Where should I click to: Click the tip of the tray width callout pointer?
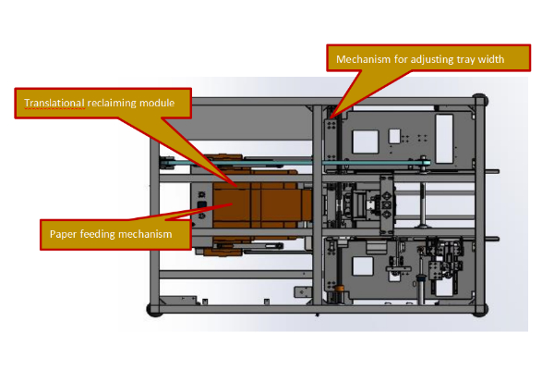pos(332,115)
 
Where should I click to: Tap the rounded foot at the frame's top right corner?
pos(480,99)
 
